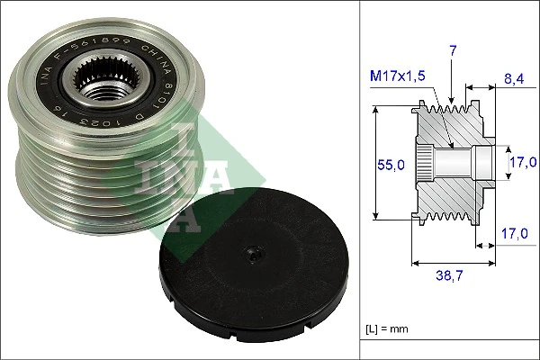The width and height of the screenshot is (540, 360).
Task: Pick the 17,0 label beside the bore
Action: [x=522, y=161]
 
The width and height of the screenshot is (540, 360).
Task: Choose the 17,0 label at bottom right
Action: [x=512, y=232]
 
